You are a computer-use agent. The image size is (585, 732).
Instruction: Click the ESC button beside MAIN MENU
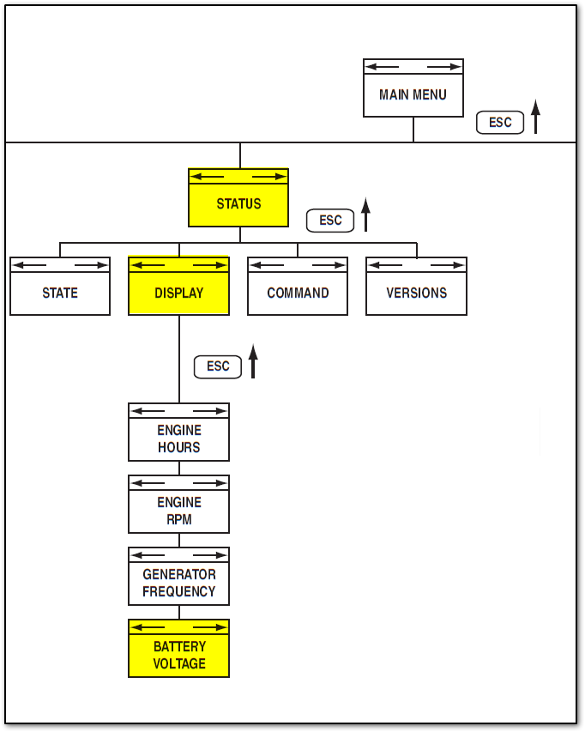coord(500,123)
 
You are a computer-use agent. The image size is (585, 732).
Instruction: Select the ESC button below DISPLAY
coord(218,366)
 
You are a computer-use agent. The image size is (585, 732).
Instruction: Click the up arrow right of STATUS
coord(365,215)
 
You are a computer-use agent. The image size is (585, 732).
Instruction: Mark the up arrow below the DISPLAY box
coord(253,361)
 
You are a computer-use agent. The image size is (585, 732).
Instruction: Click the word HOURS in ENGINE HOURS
coord(178,448)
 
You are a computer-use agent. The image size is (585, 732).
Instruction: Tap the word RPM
coord(178,520)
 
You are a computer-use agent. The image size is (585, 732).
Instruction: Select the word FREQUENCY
coord(178,592)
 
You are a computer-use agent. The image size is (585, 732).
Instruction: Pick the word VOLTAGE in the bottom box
coord(178,664)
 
